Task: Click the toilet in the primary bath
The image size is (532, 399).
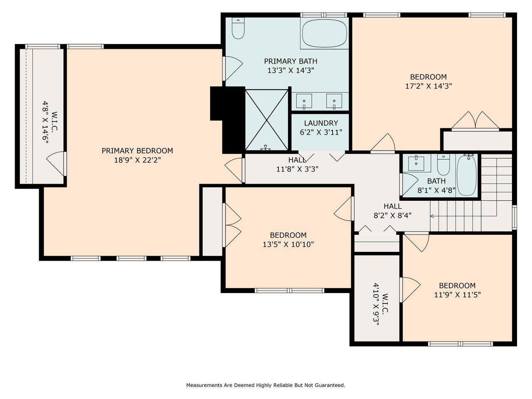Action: click(x=238, y=28)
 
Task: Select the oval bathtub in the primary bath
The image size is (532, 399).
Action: click(x=324, y=33)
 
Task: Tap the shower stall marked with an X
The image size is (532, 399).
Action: click(x=266, y=120)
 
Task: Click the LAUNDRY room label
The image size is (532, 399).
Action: click(x=321, y=123)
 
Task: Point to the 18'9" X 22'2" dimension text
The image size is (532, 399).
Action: click(x=138, y=160)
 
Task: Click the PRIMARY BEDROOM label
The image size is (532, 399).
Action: click(x=137, y=151)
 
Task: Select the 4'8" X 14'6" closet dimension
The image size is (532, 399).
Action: click(x=45, y=122)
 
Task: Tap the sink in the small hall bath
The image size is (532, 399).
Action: click(x=416, y=164)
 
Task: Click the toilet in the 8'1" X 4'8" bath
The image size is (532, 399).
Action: click(x=443, y=165)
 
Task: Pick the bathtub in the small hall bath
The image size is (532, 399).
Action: click(x=467, y=175)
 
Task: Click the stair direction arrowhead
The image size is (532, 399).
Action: click(x=432, y=216)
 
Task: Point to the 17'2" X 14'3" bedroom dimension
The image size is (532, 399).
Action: click(x=429, y=86)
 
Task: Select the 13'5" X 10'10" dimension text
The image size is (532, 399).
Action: click(x=288, y=244)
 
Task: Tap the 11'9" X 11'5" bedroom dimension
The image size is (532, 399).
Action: click(x=457, y=295)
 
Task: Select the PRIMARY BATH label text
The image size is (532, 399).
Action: click(x=291, y=61)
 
